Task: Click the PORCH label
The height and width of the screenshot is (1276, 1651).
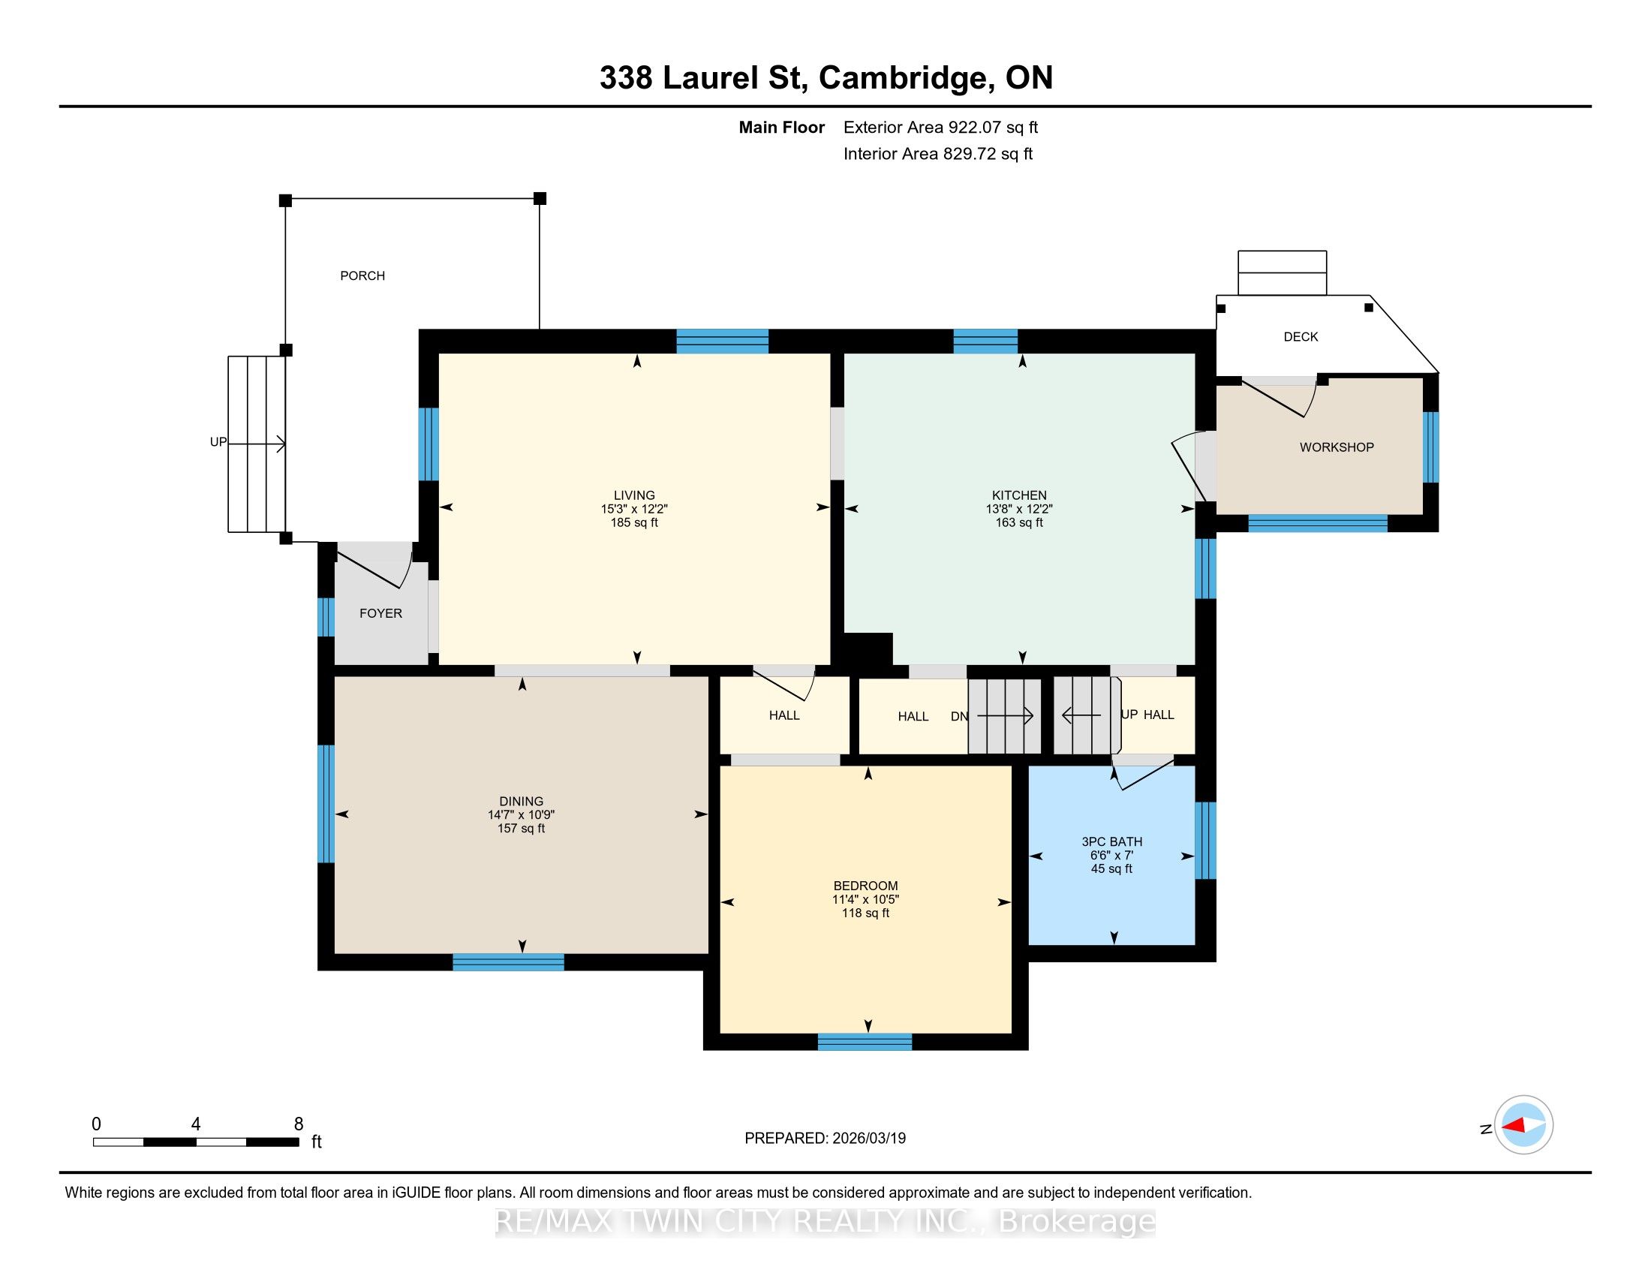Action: click(x=362, y=276)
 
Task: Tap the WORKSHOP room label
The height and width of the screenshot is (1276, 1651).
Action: click(x=1337, y=447)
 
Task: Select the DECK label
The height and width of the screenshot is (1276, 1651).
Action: click(x=1301, y=337)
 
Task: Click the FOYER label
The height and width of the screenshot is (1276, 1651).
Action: click(x=380, y=613)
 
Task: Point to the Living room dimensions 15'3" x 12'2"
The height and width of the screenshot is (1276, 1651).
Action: click(x=634, y=510)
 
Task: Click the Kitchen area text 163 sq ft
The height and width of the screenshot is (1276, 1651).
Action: click(x=1019, y=522)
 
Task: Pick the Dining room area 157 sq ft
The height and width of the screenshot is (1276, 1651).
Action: click(x=521, y=829)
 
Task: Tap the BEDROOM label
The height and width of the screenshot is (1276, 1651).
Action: click(x=865, y=886)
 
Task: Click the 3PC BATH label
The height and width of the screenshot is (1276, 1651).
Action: click(x=1111, y=842)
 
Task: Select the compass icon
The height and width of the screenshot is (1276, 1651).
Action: click(x=1523, y=1125)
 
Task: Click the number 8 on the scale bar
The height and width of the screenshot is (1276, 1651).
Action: click(x=299, y=1124)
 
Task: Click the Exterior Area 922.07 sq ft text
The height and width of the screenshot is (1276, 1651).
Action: click(x=940, y=128)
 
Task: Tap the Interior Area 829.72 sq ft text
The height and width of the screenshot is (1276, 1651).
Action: click(x=938, y=154)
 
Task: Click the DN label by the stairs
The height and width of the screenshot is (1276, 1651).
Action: click(x=959, y=717)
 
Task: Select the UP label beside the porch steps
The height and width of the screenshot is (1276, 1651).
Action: click(x=218, y=442)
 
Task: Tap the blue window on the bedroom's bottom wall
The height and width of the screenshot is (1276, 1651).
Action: click(x=865, y=1043)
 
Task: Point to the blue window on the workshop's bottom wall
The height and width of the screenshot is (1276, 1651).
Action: click(x=1318, y=523)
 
